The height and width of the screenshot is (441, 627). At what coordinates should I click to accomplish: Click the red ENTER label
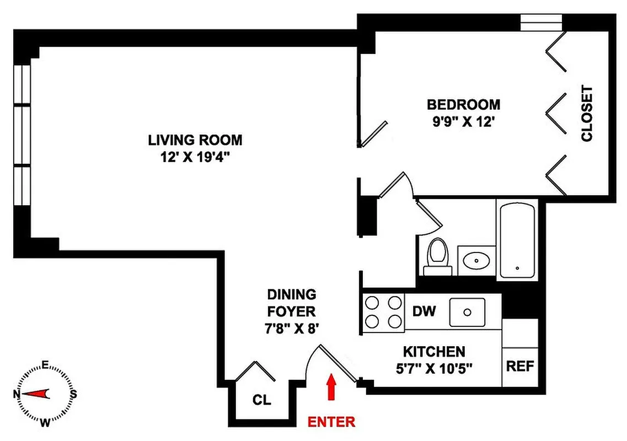[331, 422]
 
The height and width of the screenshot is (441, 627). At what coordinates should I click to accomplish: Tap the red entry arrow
[331, 386]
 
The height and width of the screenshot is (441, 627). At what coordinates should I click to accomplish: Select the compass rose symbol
[46, 394]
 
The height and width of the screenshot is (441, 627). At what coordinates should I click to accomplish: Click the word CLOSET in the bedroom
[587, 113]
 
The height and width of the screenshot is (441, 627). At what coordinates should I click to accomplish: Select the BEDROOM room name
[464, 104]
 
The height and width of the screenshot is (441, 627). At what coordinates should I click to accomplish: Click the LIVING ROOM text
[195, 140]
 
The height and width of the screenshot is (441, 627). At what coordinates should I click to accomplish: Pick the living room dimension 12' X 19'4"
[195, 158]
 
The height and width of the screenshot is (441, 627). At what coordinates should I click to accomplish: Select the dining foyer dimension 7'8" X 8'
[292, 328]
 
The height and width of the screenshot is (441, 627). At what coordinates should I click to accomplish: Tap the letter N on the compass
[17, 394]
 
